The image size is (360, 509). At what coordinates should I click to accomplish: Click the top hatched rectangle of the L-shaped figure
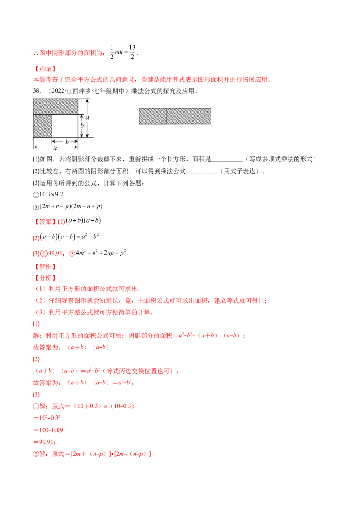[56, 107]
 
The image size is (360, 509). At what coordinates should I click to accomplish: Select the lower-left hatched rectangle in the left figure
[43, 126]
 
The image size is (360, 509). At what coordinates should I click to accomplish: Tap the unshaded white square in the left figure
[65, 126]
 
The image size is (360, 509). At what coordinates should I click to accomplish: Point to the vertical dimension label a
[88, 117]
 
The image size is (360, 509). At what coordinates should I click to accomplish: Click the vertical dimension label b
[82, 125]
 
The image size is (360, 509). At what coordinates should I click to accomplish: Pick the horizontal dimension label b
[67, 142]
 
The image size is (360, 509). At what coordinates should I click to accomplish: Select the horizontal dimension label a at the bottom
[55, 148]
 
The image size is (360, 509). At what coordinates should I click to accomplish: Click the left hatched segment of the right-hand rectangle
[153, 116]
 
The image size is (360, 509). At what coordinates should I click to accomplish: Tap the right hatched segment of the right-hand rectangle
[189, 116]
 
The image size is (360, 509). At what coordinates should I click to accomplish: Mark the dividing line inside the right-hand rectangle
[167, 116]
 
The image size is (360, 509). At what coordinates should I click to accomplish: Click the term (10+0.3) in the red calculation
[82, 406]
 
